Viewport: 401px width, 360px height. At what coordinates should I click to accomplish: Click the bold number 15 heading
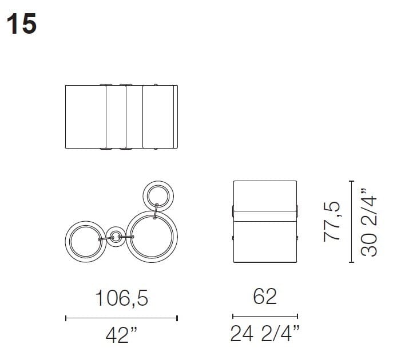click(x=22, y=25)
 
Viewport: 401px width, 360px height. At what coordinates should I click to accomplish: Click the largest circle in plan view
click(x=152, y=235)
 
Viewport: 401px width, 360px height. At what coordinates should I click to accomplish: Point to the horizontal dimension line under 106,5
click(x=121, y=318)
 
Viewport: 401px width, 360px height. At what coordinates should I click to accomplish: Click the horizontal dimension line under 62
click(x=265, y=315)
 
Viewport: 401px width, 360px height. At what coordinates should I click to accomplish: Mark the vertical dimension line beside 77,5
click(x=350, y=221)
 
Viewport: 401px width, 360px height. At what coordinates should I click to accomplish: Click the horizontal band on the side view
click(x=265, y=214)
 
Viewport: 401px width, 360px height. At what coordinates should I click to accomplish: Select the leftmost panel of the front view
click(x=86, y=117)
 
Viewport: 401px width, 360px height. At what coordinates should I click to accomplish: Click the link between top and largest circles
click(x=155, y=211)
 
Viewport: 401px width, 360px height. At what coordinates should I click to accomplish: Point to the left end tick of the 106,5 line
click(x=66, y=318)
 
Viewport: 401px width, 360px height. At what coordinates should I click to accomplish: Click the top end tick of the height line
click(x=350, y=180)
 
